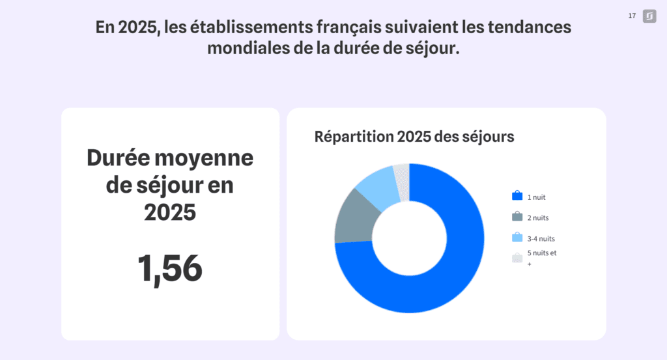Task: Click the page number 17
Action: point(632,16)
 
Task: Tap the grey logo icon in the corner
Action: point(649,16)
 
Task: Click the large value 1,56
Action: point(170,268)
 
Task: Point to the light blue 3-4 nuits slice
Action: point(376,185)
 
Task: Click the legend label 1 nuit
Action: point(537,197)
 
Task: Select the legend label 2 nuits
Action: point(539,217)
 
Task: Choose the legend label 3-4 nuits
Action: point(541,238)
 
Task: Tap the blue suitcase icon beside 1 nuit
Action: point(517,196)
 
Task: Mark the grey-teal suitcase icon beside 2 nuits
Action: point(517,217)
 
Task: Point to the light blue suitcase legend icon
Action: point(517,238)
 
